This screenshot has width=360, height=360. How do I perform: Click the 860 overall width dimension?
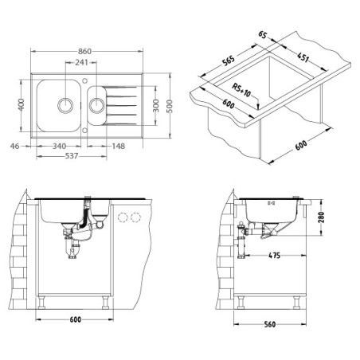point(84,51)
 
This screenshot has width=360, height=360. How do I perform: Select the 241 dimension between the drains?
point(81,62)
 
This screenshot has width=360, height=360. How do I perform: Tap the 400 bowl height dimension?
point(21,104)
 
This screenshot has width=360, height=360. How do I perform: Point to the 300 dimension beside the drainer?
point(156,105)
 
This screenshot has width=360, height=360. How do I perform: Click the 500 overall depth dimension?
point(170,106)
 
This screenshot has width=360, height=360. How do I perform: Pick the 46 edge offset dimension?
point(15,146)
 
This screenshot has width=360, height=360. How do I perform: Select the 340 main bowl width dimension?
point(59,146)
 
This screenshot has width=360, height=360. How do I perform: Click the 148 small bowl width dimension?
point(118,146)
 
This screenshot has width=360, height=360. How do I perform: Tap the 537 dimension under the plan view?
point(72,156)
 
